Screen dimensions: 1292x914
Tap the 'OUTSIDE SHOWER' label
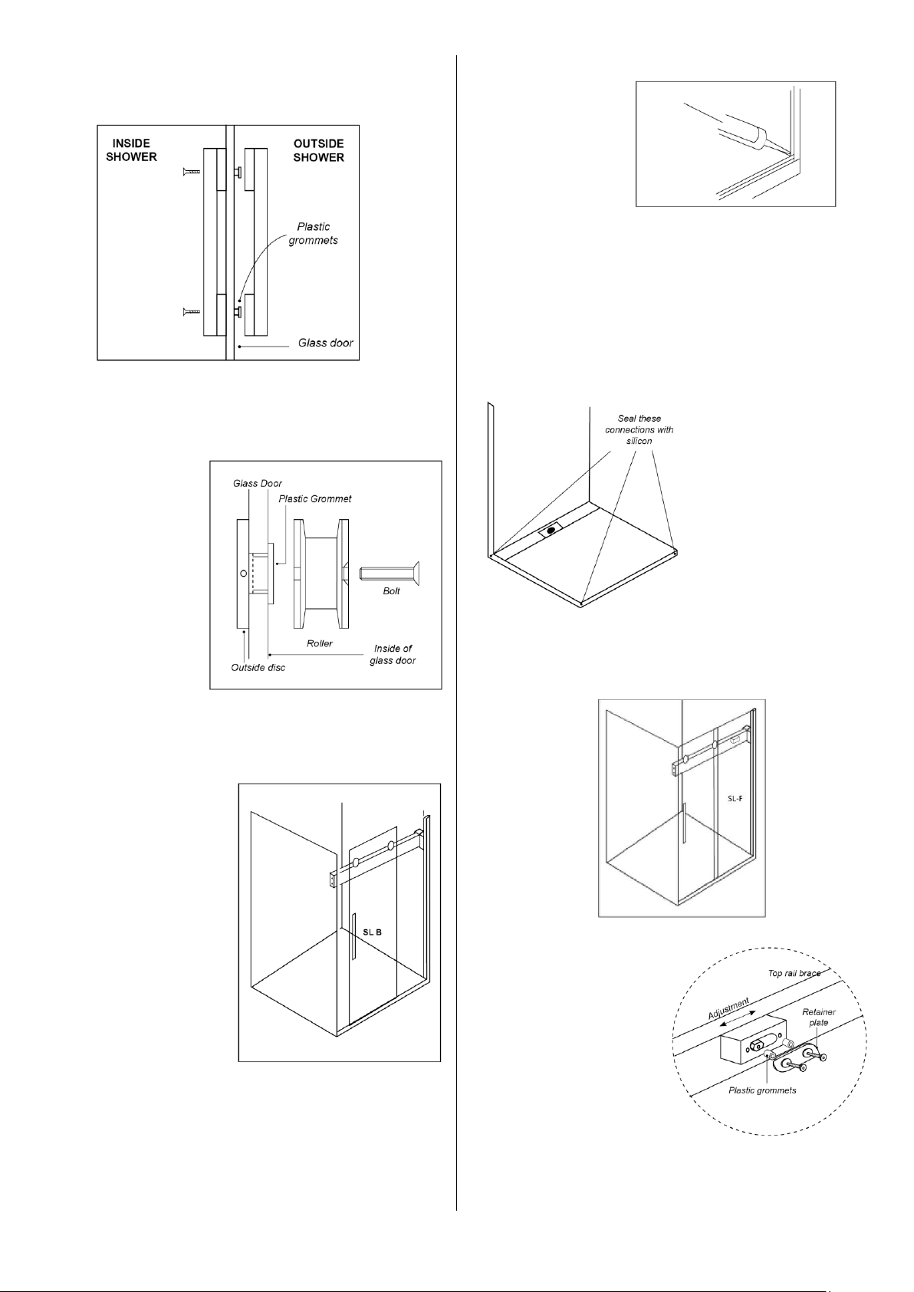tap(318, 150)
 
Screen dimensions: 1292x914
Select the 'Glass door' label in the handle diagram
tap(325, 343)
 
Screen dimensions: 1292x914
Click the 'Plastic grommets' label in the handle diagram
tap(313, 233)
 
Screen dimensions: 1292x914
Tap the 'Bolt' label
tap(391, 591)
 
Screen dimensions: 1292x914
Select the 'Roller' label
tap(320, 643)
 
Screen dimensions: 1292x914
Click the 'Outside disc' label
tap(258, 668)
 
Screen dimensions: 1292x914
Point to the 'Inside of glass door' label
tap(393, 654)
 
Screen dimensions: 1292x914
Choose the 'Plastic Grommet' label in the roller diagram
tap(314, 498)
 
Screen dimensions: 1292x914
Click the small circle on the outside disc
tap(244, 573)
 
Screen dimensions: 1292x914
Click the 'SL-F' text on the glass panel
tap(735, 798)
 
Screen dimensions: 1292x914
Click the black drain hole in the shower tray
tap(551, 530)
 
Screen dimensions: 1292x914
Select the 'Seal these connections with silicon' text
tap(639, 429)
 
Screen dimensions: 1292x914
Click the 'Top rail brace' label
tap(794, 973)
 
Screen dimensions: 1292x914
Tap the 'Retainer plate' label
tap(818, 1017)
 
